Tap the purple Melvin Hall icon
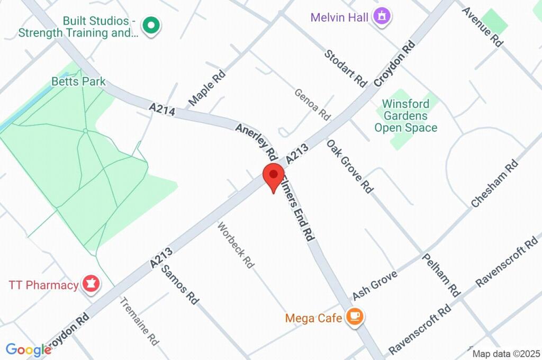pos(382,16)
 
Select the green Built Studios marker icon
pos(151,25)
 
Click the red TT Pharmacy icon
pos(91,284)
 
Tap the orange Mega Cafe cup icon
pos(354,317)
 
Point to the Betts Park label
pos(78,82)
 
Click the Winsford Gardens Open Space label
pos(405,115)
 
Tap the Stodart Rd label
pos(346,68)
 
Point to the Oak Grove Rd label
pos(349,166)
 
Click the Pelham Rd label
pos(441,274)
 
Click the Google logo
pos(28,349)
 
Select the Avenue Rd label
pos(482,25)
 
